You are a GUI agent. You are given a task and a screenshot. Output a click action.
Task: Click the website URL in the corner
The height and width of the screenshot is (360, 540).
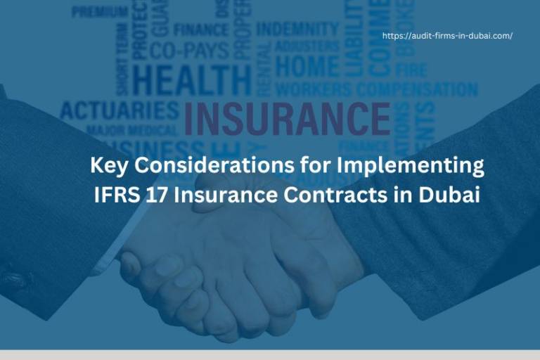coord(447,35)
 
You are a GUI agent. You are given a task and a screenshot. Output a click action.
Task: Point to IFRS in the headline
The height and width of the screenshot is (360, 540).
coord(115,195)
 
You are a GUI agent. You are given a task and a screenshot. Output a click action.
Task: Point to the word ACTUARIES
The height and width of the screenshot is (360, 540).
coord(120,111)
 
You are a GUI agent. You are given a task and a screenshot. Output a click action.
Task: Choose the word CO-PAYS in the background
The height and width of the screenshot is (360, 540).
coord(189,50)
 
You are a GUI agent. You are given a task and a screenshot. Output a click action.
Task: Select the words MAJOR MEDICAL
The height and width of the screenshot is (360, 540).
coord(131,131)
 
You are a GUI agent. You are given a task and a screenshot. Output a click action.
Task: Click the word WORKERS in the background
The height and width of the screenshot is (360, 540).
coord(313,90)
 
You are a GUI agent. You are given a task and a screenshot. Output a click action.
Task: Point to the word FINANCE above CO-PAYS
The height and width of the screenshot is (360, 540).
coord(201,30)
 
